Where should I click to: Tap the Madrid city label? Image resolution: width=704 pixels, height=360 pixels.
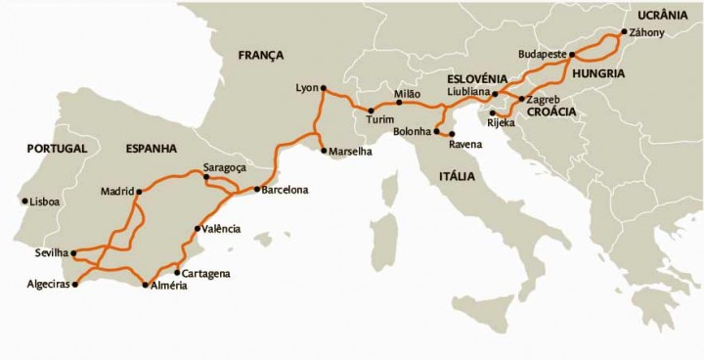pyautogui.click(x=116, y=191)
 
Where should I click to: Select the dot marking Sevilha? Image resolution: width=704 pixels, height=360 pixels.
pyautogui.click(x=74, y=252)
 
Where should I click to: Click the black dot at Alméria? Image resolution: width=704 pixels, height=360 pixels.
pyautogui.click(x=145, y=286)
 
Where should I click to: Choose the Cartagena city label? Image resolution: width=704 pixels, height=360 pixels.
pyautogui.click(x=206, y=273)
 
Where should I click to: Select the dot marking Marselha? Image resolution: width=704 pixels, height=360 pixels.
pyautogui.click(x=324, y=151)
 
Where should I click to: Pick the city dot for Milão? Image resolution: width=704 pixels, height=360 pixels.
pyautogui.click(x=400, y=102)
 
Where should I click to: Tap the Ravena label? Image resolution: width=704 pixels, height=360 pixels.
pyautogui.click(x=465, y=145)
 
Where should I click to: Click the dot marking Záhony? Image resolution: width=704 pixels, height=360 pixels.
pyautogui.click(x=623, y=31)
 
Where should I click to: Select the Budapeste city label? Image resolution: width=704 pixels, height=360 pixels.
pyautogui.click(x=545, y=54)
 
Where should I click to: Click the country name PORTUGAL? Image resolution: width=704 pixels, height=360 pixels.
pyautogui.click(x=58, y=149)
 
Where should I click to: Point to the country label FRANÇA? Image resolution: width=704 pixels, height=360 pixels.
pyautogui.click(x=260, y=56)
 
